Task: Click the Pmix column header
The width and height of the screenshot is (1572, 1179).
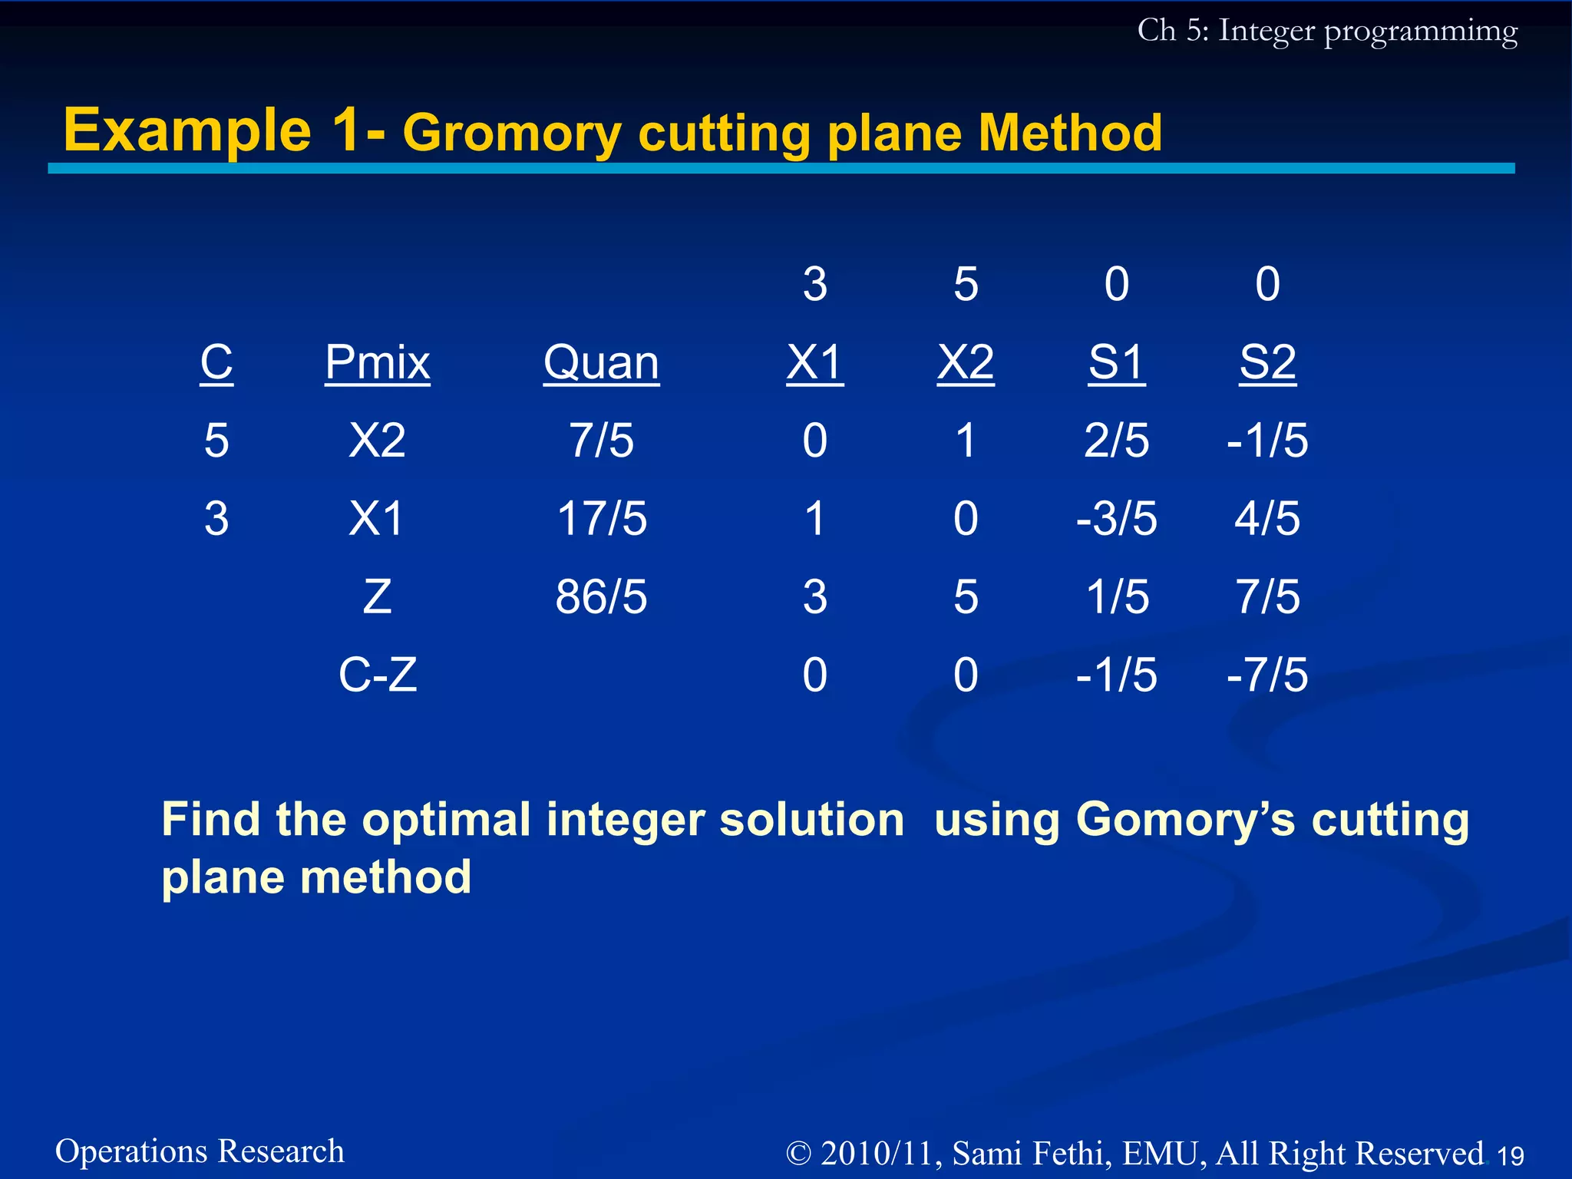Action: (x=377, y=362)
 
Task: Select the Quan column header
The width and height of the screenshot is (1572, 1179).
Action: (x=601, y=362)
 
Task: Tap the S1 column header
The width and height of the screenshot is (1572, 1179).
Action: (x=1116, y=362)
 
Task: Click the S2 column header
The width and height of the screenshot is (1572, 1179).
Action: (x=1267, y=362)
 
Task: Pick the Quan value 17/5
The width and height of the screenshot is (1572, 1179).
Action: (x=602, y=518)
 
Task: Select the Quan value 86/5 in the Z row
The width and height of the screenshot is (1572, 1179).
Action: (x=601, y=596)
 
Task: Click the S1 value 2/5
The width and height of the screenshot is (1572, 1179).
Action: (x=1116, y=441)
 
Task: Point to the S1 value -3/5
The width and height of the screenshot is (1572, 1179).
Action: (x=1116, y=518)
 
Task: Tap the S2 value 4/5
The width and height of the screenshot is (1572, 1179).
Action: (x=1267, y=518)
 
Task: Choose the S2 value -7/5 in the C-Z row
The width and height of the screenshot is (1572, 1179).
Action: (x=1267, y=675)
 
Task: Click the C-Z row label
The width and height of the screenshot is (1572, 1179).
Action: (x=378, y=675)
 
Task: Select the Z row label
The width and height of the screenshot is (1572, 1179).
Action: (x=377, y=596)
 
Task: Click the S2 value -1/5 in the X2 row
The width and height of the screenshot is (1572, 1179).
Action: (x=1267, y=441)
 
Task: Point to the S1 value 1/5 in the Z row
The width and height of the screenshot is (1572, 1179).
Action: (x=1117, y=596)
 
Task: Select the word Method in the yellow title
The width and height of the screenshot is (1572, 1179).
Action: (x=1070, y=134)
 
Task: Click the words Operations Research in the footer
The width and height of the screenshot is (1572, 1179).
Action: (x=200, y=1151)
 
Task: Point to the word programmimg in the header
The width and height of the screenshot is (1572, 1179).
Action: (x=1420, y=32)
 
